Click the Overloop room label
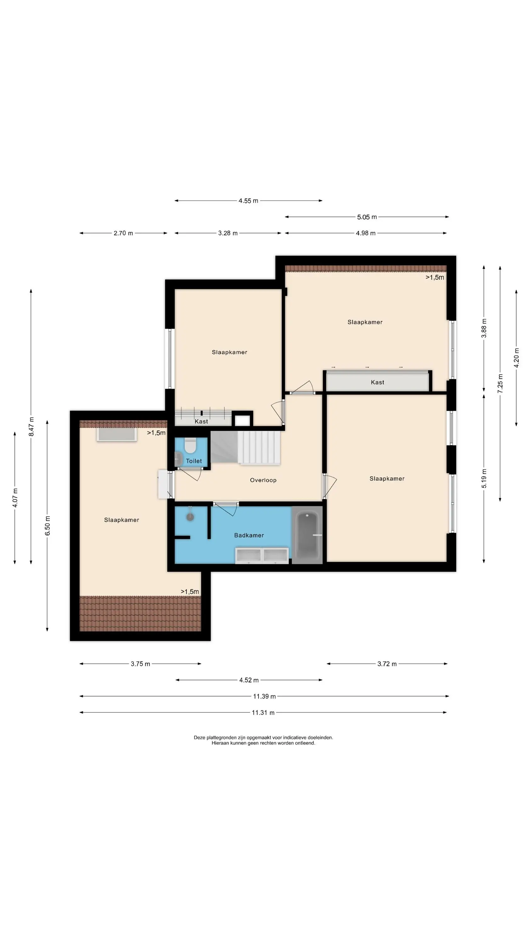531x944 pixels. pos(263,480)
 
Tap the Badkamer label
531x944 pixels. pos(249,535)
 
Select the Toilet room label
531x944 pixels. pos(194,461)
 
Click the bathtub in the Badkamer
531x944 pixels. pos(307,535)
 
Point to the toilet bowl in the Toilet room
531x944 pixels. pos(190,445)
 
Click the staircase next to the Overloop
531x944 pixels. pos(245,447)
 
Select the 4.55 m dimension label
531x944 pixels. pos(249,201)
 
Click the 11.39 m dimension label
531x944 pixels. pos(265,696)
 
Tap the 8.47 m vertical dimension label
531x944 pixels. pos(31,427)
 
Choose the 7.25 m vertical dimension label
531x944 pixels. pos(500,384)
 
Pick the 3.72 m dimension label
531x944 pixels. pos(387,664)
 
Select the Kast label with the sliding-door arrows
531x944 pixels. pos(377,382)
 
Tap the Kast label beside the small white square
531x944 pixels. pos(201,421)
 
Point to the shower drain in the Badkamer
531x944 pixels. pos(190,517)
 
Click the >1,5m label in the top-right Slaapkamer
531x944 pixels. pos(435,278)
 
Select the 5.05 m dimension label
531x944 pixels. pos(367,217)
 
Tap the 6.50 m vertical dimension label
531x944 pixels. pos(48,525)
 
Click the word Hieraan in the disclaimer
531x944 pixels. pos(220,743)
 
